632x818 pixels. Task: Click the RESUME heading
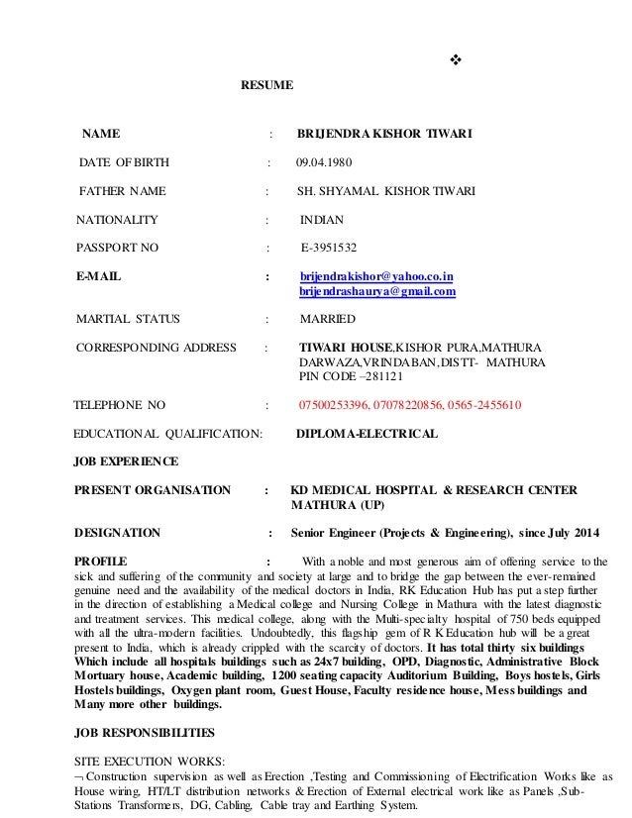tap(267, 85)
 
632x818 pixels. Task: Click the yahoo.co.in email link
tap(376, 276)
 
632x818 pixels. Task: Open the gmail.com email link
tap(376, 292)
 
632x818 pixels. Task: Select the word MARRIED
tap(327, 320)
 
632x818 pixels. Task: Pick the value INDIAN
tap(323, 219)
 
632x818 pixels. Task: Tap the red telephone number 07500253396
tap(334, 405)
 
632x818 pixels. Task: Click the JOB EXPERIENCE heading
tap(128, 461)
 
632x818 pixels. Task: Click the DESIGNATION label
tap(118, 533)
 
